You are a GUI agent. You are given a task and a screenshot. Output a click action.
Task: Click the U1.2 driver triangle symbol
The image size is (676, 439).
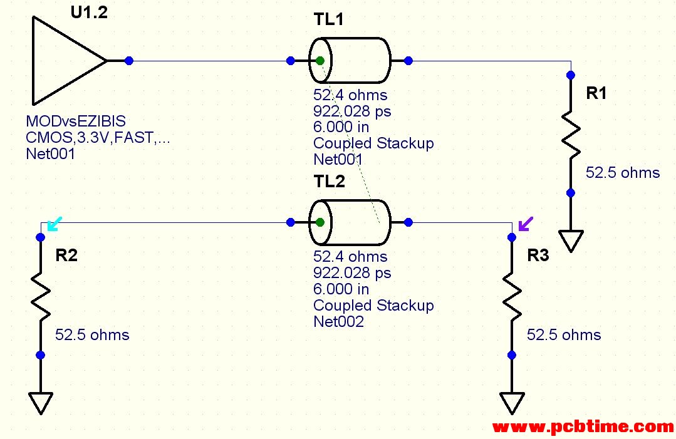click(66, 61)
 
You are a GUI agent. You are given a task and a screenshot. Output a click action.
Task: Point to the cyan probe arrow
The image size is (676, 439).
click(55, 222)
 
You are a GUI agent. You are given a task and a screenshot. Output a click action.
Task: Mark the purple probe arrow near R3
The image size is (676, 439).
click(526, 223)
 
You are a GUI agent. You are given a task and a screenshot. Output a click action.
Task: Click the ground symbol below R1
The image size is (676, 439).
click(571, 240)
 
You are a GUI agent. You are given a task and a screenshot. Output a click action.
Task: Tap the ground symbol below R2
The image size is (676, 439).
click(40, 402)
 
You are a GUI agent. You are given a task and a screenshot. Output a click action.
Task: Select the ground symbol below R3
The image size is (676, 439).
click(512, 402)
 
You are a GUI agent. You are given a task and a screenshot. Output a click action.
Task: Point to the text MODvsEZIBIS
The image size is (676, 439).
click(75, 121)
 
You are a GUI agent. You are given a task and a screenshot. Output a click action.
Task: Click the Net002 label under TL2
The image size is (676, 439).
click(338, 322)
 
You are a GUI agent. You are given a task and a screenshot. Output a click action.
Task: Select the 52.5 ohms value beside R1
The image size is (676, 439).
click(622, 173)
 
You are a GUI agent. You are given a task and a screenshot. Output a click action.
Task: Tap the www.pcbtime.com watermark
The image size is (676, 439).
click(583, 427)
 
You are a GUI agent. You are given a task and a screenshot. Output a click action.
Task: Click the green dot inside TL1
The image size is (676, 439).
click(320, 61)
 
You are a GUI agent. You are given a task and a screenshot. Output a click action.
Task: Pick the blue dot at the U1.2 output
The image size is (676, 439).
click(129, 61)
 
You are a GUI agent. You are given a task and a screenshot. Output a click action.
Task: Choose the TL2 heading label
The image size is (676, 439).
click(329, 182)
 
